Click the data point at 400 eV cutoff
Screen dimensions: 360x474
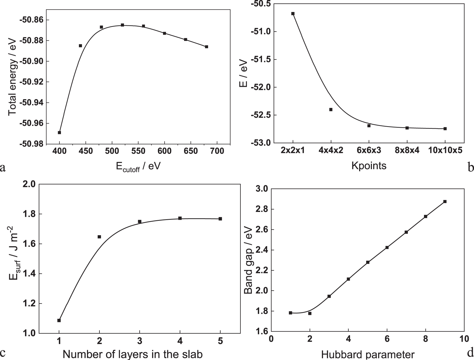59,132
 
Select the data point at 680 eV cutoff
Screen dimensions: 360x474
207,47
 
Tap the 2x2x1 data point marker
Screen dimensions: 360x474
293,14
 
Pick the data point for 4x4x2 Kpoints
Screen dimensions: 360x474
331,109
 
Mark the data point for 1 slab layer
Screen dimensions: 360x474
59,320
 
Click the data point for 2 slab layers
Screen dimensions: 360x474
99,237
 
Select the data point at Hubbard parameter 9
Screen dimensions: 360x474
445,202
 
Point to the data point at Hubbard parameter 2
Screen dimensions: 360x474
310,313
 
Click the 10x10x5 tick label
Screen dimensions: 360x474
445,151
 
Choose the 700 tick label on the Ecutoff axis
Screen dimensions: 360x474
217,151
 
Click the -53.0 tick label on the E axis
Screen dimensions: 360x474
261,143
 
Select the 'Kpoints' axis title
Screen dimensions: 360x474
369,166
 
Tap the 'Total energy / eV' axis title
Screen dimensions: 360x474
12,77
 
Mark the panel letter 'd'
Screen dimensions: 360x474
470,353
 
